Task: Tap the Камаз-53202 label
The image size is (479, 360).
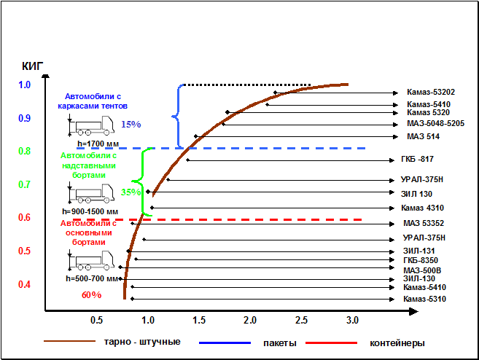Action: point(431,93)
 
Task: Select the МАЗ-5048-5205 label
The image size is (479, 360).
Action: point(436,123)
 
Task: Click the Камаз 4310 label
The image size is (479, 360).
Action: point(423,208)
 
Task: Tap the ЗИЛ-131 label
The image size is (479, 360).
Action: point(419,251)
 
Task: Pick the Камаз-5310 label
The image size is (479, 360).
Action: point(424,299)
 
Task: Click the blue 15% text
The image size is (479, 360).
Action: point(131,124)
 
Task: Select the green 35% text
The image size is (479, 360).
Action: point(131,192)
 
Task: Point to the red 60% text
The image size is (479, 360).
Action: point(91,294)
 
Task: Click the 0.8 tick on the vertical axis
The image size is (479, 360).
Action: point(25,151)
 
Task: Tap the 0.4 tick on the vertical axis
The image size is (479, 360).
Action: point(25,284)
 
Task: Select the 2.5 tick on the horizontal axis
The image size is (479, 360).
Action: point(301,321)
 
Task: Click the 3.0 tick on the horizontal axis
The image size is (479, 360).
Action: point(352,321)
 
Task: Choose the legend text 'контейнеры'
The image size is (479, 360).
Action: point(397,343)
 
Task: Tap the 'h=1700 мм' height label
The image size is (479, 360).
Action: point(93,144)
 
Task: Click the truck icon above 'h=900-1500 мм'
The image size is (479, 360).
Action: point(93,196)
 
